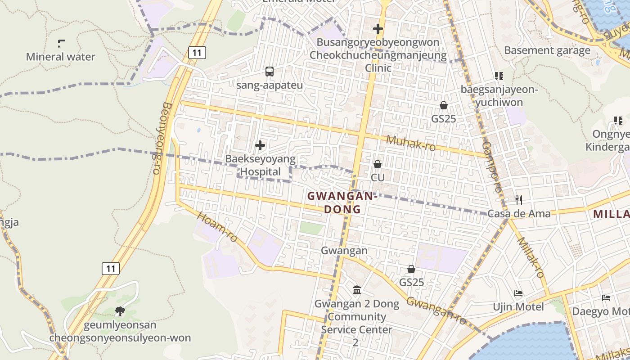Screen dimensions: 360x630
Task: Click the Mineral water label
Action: tap(60, 57)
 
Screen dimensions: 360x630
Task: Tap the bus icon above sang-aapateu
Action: tap(270, 71)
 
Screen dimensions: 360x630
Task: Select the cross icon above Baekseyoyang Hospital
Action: tap(260, 145)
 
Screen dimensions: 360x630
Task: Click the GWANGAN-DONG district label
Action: tap(342, 202)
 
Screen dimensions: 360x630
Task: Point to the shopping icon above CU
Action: tap(378, 164)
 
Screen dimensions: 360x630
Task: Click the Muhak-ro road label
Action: tap(410, 143)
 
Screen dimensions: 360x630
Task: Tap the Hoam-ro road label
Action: tap(217, 227)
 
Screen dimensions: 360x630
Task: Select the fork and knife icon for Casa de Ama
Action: tap(519, 200)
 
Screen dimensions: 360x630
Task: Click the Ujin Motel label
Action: tap(518, 307)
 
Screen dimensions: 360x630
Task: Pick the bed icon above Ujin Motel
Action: tap(518, 294)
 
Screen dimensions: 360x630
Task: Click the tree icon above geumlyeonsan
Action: tap(120, 311)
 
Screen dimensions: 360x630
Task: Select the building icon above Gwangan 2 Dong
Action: tap(357, 290)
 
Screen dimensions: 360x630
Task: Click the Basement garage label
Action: tap(547, 50)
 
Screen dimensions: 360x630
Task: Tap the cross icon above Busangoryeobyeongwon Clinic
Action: tap(378, 29)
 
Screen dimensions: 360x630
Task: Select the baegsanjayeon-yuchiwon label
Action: tap(499, 96)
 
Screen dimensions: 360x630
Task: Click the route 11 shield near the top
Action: tap(197, 53)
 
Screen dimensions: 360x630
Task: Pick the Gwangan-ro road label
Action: tap(436, 310)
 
